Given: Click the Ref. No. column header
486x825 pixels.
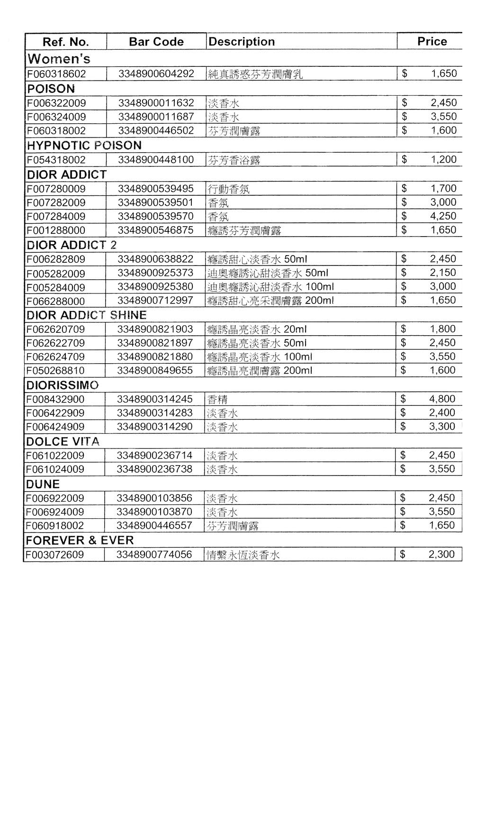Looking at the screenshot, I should point(65,42).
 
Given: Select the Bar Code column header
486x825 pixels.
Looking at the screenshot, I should point(156,42).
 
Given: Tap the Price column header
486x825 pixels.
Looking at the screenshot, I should point(432,41).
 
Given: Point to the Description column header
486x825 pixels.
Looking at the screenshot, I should point(242,42).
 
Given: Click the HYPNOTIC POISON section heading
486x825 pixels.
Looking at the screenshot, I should point(84,145).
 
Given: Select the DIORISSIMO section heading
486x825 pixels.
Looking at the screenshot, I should point(63,385).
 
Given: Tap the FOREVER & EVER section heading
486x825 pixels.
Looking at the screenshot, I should point(80,540).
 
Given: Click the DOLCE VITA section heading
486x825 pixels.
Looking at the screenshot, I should point(63,441).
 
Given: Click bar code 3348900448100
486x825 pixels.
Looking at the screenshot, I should point(156,160).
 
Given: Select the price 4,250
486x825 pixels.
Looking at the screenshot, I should point(443,216).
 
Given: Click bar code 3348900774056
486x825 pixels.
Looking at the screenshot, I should point(154,554).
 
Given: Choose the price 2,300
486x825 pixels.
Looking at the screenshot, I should point(441,554).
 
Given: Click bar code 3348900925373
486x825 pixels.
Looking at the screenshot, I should point(155,273).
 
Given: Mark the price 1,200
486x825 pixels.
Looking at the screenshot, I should point(443,159).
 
